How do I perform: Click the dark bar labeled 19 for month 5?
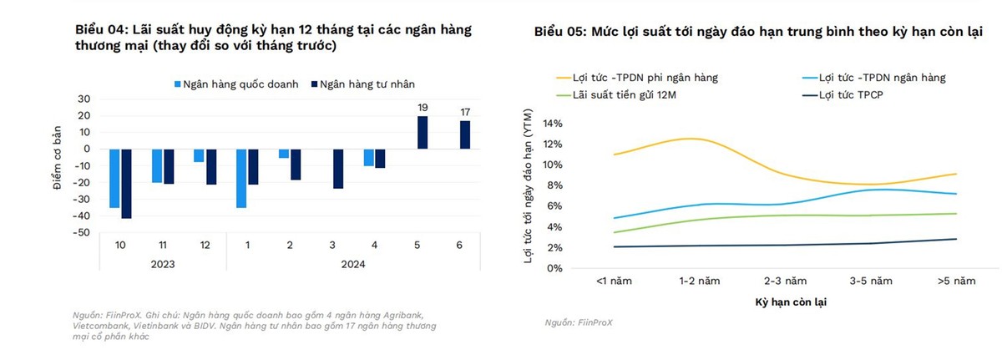(x=423, y=132)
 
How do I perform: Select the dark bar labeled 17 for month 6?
(x=465, y=134)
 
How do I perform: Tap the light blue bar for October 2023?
(x=114, y=178)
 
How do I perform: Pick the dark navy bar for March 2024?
(x=337, y=168)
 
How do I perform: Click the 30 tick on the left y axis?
(x=83, y=99)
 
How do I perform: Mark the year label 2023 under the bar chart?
(x=163, y=264)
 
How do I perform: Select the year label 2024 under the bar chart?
(x=353, y=264)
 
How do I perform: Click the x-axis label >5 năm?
(x=956, y=281)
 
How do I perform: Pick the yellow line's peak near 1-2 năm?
(x=690, y=139)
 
